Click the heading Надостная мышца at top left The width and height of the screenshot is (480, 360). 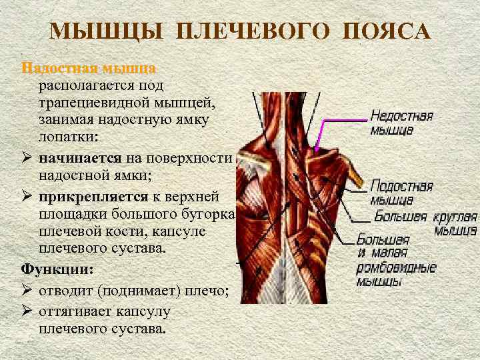(89, 69)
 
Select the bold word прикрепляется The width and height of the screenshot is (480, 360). (90, 198)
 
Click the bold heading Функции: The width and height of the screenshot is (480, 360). (57, 270)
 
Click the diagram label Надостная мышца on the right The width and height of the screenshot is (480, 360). (401, 123)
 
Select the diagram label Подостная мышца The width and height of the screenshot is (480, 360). (401, 192)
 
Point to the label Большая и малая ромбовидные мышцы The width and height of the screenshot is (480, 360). (396, 260)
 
